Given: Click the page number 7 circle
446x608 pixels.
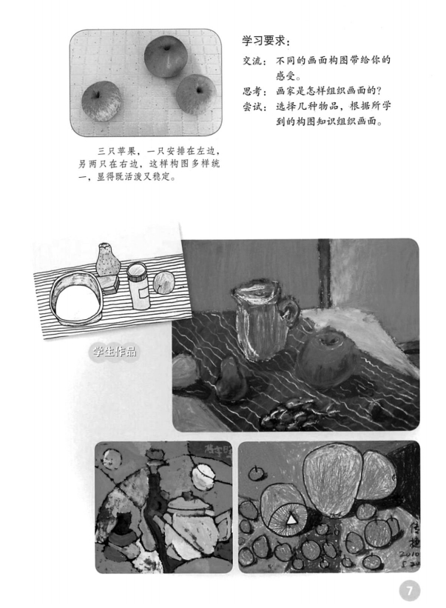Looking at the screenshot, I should [x=410, y=590].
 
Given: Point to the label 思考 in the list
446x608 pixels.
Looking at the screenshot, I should [x=252, y=91].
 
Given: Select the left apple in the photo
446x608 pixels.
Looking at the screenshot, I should [x=101, y=101].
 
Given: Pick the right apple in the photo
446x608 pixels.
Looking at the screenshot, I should [x=196, y=93].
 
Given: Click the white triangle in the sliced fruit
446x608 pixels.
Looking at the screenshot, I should [x=292, y=522].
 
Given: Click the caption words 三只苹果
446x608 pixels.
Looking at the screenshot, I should [x=109, y=152].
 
